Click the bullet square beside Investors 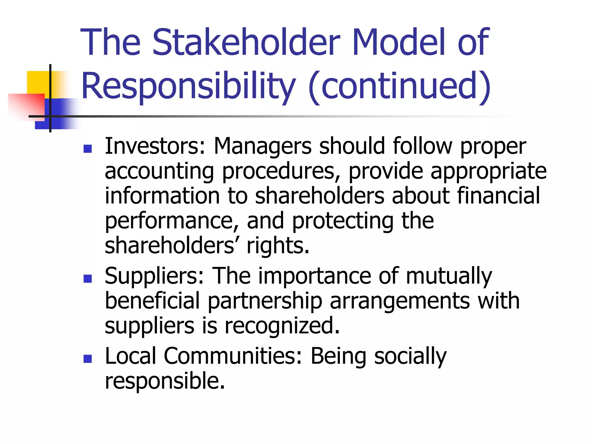pyautogui.click(x=87, y=149)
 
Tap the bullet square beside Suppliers pyautogui.click(x=87, y=279)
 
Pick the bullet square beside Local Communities pyautogui.click(x=87, y=359)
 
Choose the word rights pyautogui.click(x=278, y=246)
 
